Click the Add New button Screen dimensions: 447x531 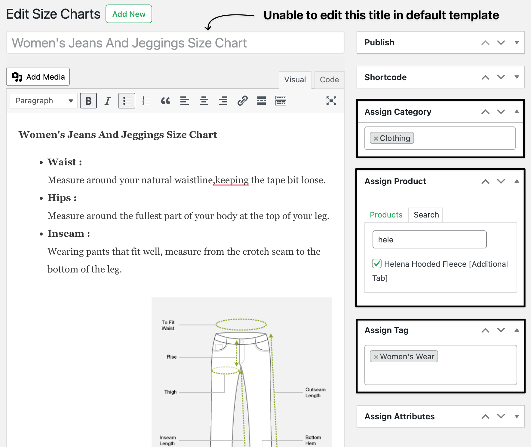129,14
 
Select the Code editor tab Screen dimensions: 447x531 329,80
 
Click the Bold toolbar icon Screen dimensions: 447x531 88,101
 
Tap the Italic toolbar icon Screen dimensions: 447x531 107,101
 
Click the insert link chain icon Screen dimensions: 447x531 242,101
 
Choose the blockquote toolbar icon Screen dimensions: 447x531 165,101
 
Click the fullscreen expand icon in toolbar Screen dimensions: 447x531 331,101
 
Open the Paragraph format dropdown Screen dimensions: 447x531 44,101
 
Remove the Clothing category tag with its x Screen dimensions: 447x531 376,138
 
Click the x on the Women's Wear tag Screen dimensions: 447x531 376,357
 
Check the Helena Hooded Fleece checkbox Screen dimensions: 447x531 377,264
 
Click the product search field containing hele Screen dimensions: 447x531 429,240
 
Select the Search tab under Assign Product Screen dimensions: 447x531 426,215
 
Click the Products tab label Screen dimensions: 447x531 386,215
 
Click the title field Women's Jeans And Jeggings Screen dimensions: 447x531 175,43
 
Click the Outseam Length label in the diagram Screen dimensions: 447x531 315,392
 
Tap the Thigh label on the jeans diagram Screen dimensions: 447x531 170,392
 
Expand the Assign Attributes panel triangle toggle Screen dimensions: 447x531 517,416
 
